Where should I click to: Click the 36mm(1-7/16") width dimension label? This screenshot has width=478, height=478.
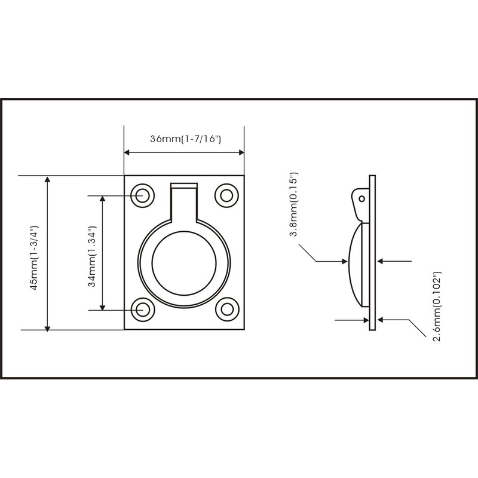point(185,139)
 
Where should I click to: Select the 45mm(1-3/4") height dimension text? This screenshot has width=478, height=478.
point(34,258)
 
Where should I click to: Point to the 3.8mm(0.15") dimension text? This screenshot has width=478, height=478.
point(293,204)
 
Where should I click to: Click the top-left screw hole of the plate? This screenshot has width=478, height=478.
point(143,195)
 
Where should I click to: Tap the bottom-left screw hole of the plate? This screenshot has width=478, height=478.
point(143,309)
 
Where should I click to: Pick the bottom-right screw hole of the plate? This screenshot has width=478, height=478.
point(226,309)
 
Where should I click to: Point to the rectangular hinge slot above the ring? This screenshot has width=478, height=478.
point(184,186)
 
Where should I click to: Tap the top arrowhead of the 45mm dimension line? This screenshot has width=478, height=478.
point(48,179)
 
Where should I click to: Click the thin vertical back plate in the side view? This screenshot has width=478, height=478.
point(372,252)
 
